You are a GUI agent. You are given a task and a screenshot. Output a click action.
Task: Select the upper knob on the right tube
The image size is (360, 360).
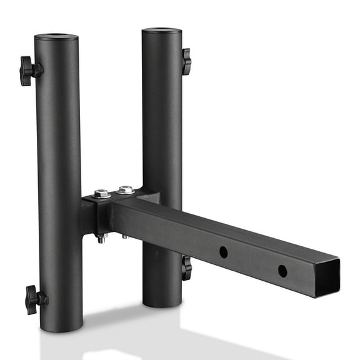pyautogui.click(x=186, y=61)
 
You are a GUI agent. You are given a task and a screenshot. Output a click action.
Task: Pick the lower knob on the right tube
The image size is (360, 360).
pyautogui.click(x=186, y=267)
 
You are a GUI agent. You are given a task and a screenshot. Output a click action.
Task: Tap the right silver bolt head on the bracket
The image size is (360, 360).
pyautogui.click(x=126, y=189)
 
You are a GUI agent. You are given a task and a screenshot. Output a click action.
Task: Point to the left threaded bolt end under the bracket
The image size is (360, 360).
pyautogui.click(x=101, y=238)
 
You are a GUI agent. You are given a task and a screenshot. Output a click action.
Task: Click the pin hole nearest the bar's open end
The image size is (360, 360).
pyautogui.click(x=282, y=271)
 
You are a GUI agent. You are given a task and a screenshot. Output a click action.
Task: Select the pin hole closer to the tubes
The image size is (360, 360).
pyautogui.click(x=223, y=252)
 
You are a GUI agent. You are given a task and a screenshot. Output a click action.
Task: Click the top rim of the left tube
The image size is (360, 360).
pyautogui.click(x=56, y=37)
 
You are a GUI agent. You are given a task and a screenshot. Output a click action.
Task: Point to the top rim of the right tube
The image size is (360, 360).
pyautogui.click(x=161, y=30)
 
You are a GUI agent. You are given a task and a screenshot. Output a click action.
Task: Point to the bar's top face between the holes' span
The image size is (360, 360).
pyautogui.click(x=250, y=234)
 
